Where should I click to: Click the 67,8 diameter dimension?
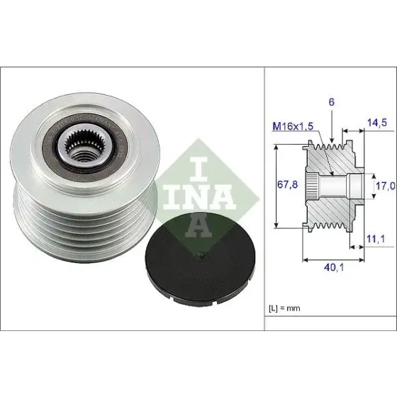coord(287,185)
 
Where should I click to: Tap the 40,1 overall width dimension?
coord(334,267)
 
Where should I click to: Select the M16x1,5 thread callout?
coord(293,126)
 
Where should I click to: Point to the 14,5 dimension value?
coord(377,123)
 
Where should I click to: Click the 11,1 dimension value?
coord(376,239)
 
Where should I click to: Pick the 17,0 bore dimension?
coord(385,186)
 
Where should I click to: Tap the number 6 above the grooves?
coord(332,102)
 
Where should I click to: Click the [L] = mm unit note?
coord(284,308)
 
